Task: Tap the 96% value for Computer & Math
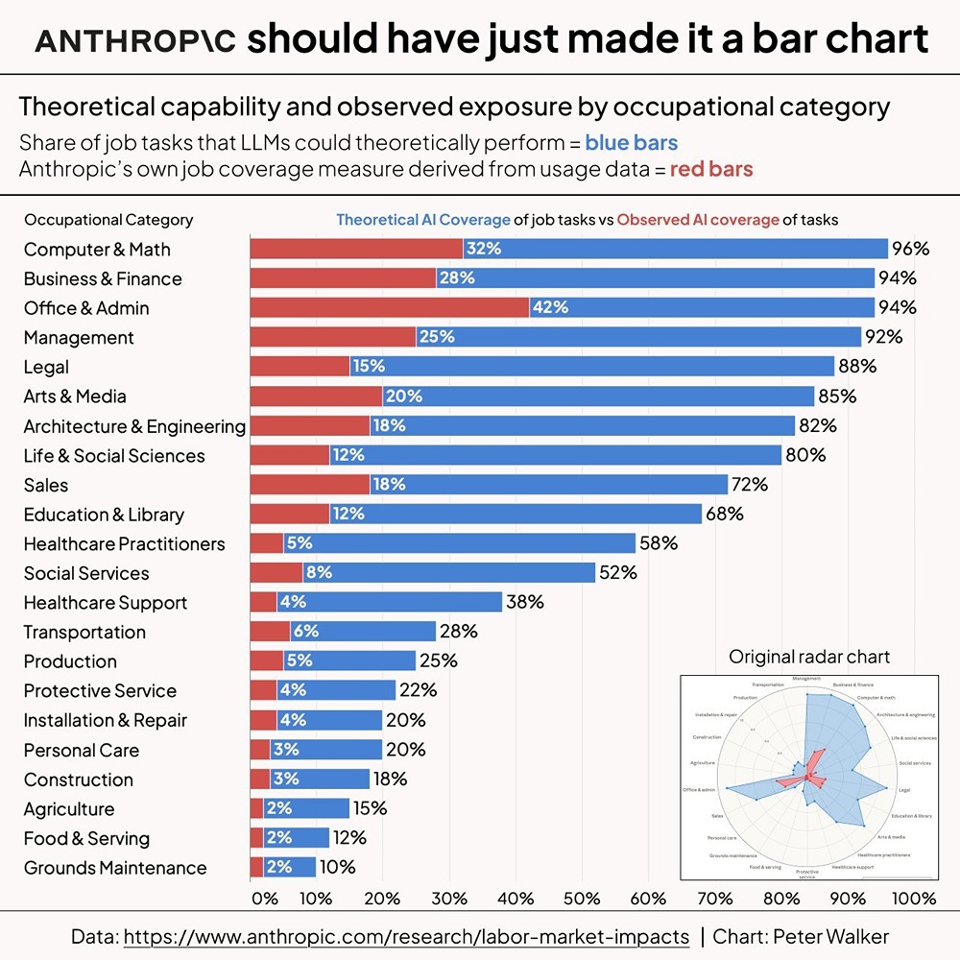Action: click(910, 250)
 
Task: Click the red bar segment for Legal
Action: click(300, 367)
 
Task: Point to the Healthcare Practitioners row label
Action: click(124, 544)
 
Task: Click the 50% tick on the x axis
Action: click(581, 900)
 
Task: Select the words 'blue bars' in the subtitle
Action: click(631, 144)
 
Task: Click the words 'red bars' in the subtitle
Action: click(710, 170)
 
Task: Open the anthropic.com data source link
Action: click(406, 937)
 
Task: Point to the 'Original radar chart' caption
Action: click(809, 658)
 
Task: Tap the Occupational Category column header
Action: click(108, 220)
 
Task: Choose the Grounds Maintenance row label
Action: click(115, 868)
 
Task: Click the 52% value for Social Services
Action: click(617, 573)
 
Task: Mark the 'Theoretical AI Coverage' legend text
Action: click(422, 220)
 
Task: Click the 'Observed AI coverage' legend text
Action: click(698, 220)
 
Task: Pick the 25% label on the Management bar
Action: click(436, 338)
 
